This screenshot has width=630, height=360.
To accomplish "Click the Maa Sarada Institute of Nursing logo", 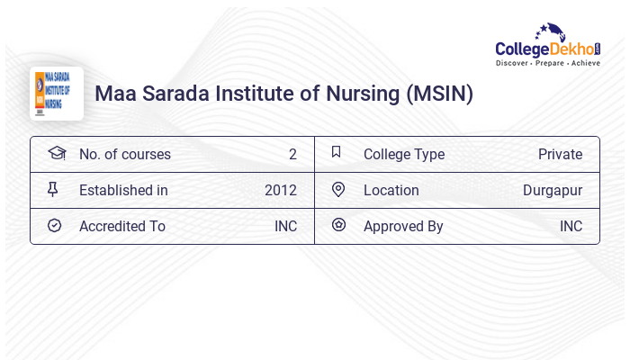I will (x=56, y=93).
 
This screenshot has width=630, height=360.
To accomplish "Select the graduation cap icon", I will (x=57, y=153).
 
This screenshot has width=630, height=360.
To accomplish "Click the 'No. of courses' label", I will (x=124, y=154).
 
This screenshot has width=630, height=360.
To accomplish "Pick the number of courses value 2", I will (x=292, y=154).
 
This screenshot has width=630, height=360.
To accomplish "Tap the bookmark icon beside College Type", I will (x=336, y=153).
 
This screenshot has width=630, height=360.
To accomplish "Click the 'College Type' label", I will (x=403, y=154).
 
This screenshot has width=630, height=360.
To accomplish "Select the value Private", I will (x=560, y=154).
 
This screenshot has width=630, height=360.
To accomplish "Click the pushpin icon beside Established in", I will (x=54, y=190).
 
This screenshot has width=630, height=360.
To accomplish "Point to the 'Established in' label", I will (x=123, y=190).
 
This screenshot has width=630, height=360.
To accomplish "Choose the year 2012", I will (x=281, y=190).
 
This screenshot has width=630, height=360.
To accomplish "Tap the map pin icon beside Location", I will (x=338, y=190).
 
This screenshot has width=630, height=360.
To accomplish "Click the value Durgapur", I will (x=553, y=190).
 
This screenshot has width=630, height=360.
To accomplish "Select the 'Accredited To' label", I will (x=121, y=226).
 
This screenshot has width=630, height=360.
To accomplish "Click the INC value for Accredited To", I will (x=285, y=226).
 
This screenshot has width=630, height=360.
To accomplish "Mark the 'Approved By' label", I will (x=403, y=226).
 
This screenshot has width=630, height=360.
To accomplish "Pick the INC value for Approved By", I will (x=571, y=226).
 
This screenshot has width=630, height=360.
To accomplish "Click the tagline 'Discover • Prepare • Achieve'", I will (x=548, y=64).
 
